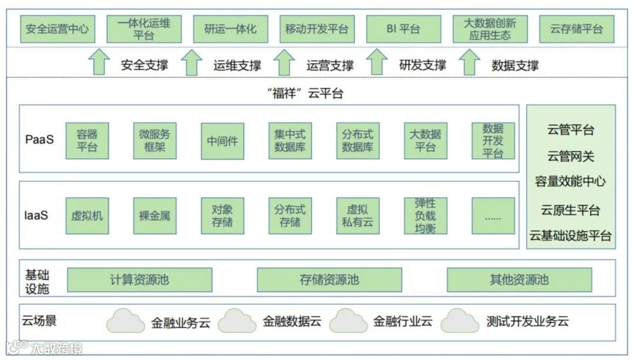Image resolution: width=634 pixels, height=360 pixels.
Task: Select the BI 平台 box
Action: (x=403, y=29)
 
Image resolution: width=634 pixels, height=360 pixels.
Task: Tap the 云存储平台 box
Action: (x=576, y=29)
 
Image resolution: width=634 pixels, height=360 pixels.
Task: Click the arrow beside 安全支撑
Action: (x=100, y=62)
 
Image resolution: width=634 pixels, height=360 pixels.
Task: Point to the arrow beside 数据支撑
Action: (x=469, y=62)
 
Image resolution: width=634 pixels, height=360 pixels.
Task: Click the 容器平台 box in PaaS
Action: (x=87, y=140)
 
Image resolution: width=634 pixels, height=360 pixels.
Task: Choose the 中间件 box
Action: (x=222, y=140)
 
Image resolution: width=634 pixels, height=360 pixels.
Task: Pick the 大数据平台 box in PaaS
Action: (x=425, y=140)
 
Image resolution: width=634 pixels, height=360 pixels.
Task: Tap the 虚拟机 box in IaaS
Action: (x=87, y=216)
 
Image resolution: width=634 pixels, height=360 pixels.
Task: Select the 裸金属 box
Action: (x=154, y=216)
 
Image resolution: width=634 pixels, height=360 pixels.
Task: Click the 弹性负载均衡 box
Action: (x=425, y=216)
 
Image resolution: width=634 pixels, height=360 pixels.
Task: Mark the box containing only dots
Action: (x=493, y=216)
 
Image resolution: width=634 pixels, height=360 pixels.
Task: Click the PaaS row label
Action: (x=39, y=140)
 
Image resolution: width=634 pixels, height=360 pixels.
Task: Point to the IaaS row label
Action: (x=36, y=215)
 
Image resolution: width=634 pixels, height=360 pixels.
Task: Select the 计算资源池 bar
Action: (x=139, y=280)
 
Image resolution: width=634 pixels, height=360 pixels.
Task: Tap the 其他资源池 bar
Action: (x=519, y=280)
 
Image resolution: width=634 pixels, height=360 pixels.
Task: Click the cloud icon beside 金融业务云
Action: (x=126, y=321)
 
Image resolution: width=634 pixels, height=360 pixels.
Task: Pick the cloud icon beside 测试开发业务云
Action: (x=460, y=321)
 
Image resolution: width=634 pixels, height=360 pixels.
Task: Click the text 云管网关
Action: (x=571, y=156)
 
